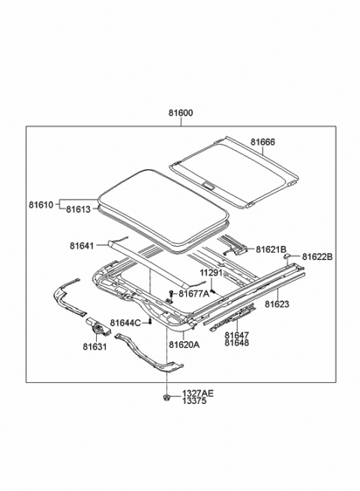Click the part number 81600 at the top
tap(180, 113)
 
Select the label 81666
tap(262, 142)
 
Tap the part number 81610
tap(40, 205)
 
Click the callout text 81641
tap(82, 244)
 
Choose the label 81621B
tap(271, 249)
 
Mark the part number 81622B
tap(318, 257)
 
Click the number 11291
tap(212, 273)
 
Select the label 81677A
tap(194, 293)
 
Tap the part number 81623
tap(276, 304)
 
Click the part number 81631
tap(95, 346)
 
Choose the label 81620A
tap(184, 345)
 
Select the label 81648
tap(236, 345)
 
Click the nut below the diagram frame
tap(165, 396)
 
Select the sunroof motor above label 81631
tap(96, 327)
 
